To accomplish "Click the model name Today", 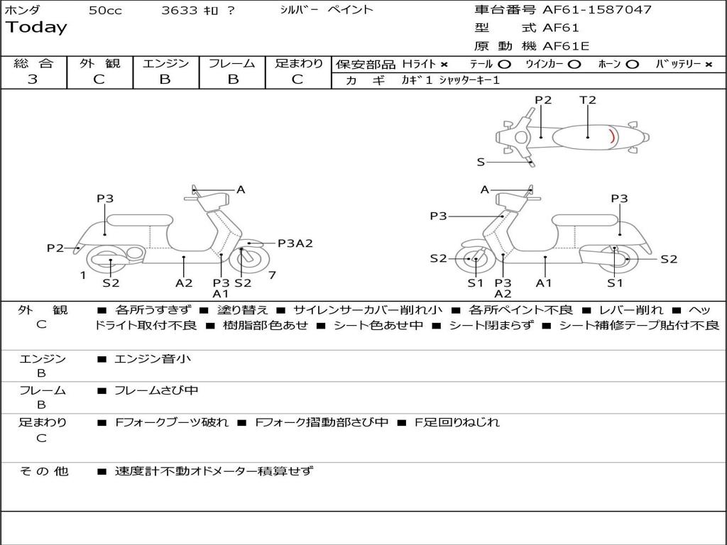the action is click(36, 28).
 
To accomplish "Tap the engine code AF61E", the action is click(566, 46).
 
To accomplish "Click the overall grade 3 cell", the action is click(33, 79).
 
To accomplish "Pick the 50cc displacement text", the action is click(105, 11).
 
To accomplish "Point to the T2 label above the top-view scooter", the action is click(588, 100).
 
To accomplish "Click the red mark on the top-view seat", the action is click(613, 136).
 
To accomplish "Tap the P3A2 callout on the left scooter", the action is click(295, 243).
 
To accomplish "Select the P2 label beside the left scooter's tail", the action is click(55, 248).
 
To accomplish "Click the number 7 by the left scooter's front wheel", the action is click(272, 275).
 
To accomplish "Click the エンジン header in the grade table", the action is click(165, 63).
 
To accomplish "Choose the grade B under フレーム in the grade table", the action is click(233, 79).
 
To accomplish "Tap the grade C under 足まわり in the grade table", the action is click(297, 79).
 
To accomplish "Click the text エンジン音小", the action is click(153, 359).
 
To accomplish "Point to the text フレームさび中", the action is click(156, 390).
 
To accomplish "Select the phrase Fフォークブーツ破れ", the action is click(172, 422).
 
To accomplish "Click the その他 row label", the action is click(43, 470).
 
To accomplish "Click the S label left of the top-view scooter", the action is click(481, 162).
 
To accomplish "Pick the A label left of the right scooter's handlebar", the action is click(485, 189).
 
